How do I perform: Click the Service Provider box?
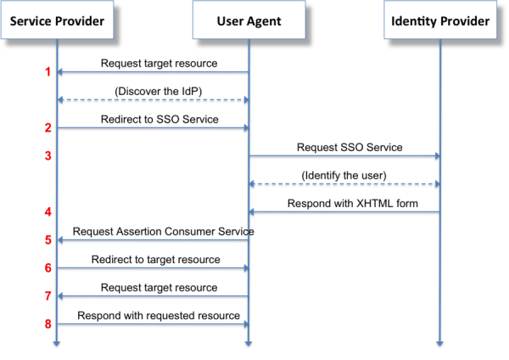pos(58,21)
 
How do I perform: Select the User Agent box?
pos(249,21)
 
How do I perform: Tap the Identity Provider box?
pos(440,21)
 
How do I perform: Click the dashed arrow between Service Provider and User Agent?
pos(153,99)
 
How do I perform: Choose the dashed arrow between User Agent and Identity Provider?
pos(344,183)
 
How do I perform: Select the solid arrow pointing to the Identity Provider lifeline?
pos(344,155)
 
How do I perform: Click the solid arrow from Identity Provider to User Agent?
pos(344,211)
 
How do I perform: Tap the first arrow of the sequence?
pos(153,72)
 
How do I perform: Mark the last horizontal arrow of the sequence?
pos(153,323)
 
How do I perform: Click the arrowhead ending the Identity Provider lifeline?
pos(440,343)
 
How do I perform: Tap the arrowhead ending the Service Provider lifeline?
pos(57,343)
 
